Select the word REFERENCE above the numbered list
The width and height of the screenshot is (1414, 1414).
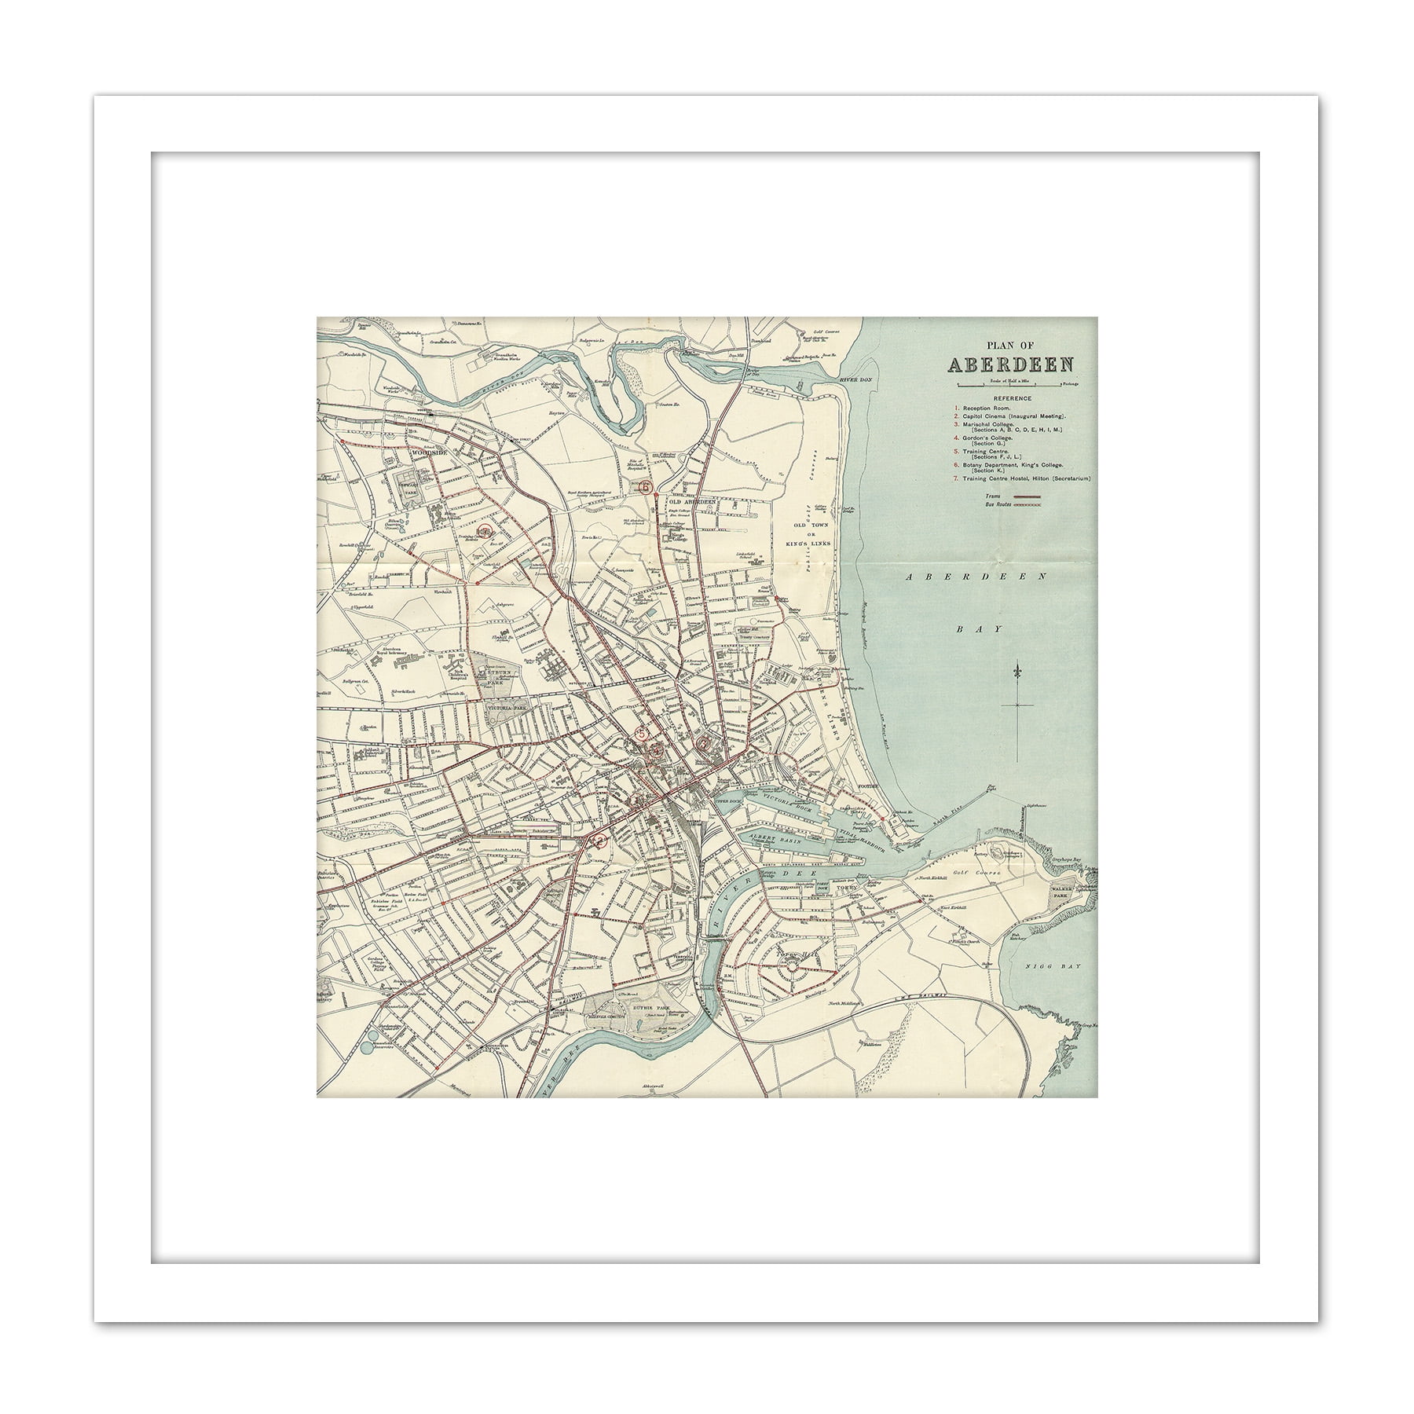pyautogui.click(x=1012, y=398)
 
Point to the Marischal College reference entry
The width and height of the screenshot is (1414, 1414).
pyautogui.click(x=987, y=424)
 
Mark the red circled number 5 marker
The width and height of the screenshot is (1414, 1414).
pyautogui.click(x=642, y=734)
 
